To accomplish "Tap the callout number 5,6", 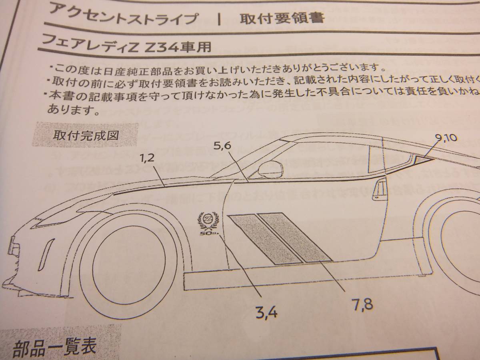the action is click(222, 146).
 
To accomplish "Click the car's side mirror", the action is click(271, 170).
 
